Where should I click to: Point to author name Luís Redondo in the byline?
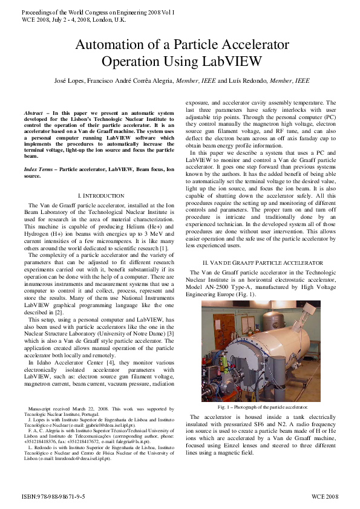pos(248,80)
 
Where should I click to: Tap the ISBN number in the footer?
pos(53,496)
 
